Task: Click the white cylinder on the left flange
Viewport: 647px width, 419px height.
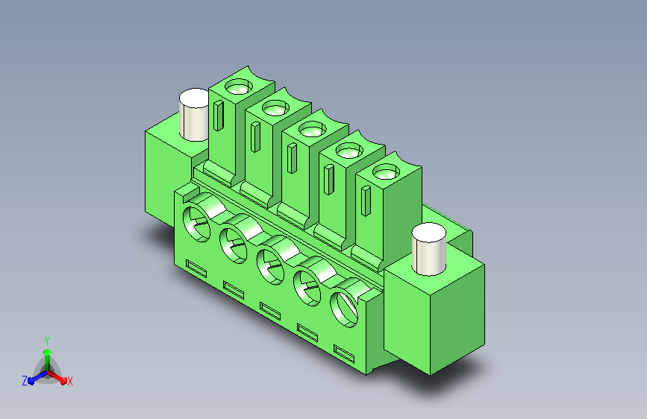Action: click(194, 115)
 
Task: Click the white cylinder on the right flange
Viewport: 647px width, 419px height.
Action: click(428, 249)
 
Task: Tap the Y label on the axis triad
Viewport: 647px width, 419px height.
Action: click(47, 341)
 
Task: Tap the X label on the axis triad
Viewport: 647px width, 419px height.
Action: click(69, 382)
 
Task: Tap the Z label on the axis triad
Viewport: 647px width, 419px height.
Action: click(25, 381)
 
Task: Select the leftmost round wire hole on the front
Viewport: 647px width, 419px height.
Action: click(196, 224)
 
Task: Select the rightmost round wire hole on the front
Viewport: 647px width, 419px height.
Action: click(344, 309)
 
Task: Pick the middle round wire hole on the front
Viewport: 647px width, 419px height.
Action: click(270, 267)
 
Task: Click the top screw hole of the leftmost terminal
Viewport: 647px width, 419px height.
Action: click(239, 87)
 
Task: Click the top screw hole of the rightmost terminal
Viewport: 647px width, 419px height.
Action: click(386, 171)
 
